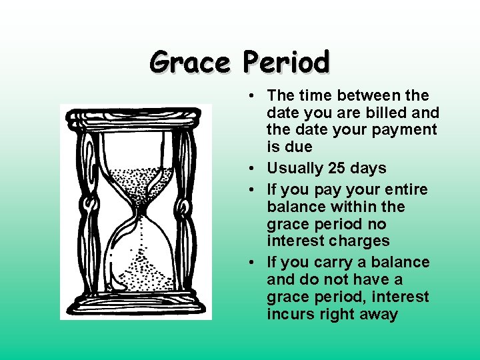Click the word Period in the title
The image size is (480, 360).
[x=286, y=62]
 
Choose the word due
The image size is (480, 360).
[x=298, y=147]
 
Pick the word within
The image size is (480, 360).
[x=351, y=207]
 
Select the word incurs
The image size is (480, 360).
[x=290, y=314]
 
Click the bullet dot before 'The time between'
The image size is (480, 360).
[x=248, y=96]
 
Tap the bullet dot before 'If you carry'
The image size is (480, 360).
[x=248, y=263]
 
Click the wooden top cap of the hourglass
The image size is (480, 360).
[x=133, y=117]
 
